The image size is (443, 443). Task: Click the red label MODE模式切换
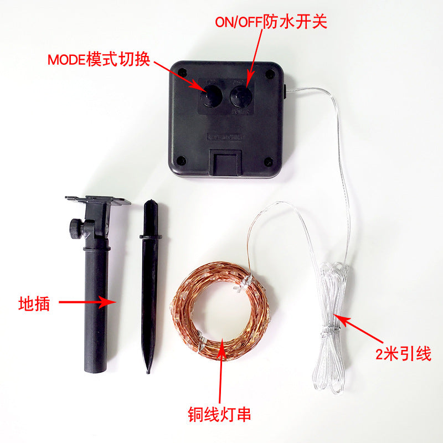99,59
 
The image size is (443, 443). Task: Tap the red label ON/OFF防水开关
271,22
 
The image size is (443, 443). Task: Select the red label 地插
34,303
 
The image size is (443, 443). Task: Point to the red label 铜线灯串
219,414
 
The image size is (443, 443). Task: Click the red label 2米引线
403,353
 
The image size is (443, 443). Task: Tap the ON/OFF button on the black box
241,96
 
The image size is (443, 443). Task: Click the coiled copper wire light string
221,311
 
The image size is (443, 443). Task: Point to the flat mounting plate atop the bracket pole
98,200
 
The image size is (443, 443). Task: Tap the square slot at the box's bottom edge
225,163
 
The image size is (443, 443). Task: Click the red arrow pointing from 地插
87,302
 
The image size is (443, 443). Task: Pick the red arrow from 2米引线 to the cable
358,328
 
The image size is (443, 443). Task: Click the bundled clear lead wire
331,328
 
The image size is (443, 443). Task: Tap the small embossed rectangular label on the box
225,137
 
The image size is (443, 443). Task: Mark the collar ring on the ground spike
151,236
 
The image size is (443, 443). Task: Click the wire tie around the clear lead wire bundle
331,329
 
